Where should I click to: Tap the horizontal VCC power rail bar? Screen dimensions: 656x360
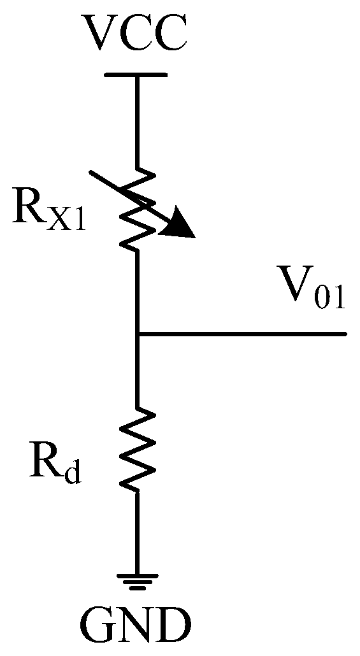[x=135, y=75]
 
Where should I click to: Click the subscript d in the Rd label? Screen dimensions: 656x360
[x=73, y=474]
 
